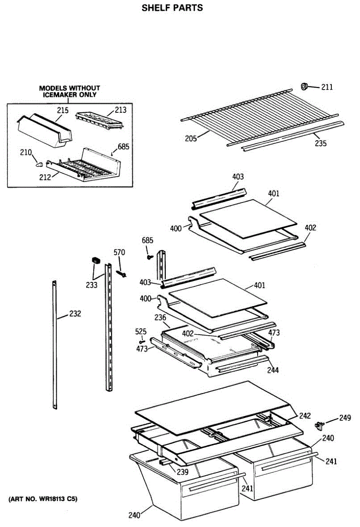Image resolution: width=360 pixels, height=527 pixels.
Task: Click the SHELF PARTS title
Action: click(172, 8)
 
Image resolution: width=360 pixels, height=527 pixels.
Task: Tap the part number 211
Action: click(327, 87)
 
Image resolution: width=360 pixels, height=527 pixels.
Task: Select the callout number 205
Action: click(190, 139)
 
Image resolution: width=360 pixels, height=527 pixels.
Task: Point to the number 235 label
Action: click(320, 143)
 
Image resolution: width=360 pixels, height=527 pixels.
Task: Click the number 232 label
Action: click(75, 314)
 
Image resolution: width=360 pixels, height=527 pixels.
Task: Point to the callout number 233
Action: click(92, 285)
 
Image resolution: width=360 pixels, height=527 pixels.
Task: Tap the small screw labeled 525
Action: click(142, 342)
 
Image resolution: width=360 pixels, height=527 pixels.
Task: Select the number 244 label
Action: click(273, 370)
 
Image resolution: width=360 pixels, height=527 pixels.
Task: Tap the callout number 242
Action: click(305, 415)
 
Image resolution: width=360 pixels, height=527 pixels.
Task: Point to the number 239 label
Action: click(182, 472)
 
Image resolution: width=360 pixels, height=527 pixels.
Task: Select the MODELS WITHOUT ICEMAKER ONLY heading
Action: click(69, 91)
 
